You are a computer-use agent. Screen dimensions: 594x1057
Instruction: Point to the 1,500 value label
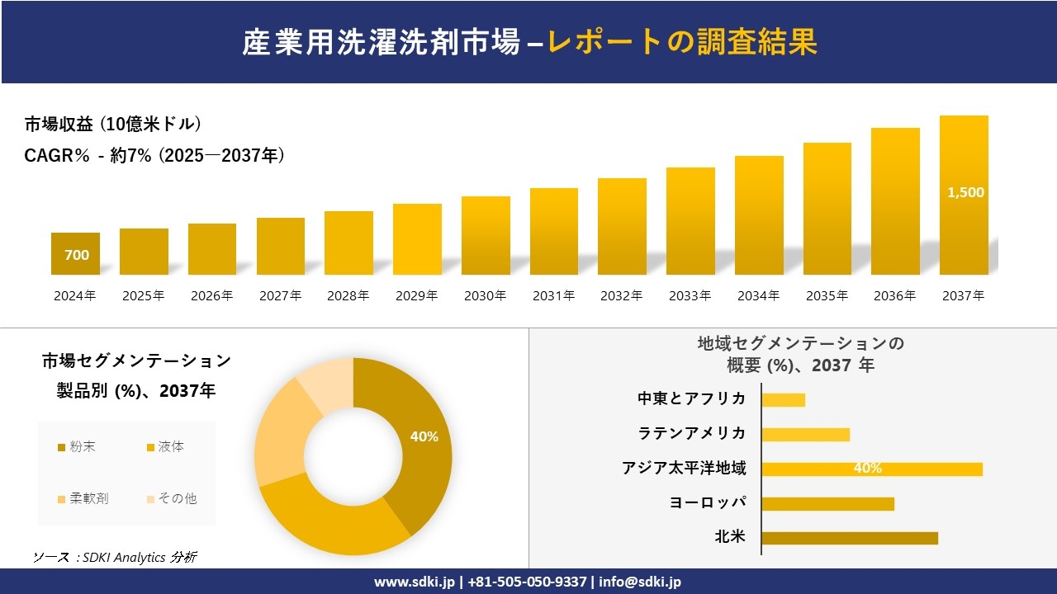965,192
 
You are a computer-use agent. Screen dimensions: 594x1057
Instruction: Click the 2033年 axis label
690,295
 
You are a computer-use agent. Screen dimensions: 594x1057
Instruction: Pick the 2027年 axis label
280,295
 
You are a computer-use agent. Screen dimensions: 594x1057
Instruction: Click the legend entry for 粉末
76,447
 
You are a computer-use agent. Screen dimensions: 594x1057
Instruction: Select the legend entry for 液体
165,447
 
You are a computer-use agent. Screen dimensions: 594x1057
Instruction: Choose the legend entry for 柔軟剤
83,498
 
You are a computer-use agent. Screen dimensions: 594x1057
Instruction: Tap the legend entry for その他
171,498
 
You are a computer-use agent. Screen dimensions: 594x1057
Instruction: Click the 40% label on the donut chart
424,437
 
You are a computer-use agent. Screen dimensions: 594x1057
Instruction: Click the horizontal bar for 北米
850,538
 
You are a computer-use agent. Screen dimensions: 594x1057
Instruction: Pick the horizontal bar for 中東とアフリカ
783,399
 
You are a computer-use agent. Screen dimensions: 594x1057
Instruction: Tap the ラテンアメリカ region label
692,433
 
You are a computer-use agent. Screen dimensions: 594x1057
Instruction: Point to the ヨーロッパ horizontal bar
827,503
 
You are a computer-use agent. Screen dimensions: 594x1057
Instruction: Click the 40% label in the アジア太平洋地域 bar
867,469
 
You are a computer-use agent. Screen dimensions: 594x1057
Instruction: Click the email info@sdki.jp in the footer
640,582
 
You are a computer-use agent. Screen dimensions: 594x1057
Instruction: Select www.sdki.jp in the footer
415,582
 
